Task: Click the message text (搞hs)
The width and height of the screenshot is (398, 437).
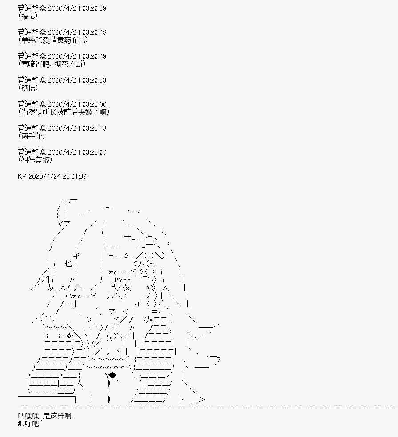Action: (x=28, y=16)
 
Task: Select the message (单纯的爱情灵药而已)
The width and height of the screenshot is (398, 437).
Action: (x=53, y=40)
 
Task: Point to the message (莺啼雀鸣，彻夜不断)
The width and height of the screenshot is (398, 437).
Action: (x=52, y=64)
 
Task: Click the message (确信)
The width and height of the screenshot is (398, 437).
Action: (x=28, y=88)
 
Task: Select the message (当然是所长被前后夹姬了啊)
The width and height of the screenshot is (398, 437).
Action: (x=63, y=112)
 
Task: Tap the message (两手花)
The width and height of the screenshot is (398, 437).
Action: (x=32, y=136)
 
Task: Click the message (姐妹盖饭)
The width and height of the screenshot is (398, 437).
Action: (x=35, y=160)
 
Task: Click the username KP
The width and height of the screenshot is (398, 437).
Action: (x=22, y=176)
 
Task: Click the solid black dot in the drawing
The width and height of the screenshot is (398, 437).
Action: (x=113, y=375)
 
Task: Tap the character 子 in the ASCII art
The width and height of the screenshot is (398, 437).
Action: (x=77, y=255)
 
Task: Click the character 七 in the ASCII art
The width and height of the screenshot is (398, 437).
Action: (x=68, y=264)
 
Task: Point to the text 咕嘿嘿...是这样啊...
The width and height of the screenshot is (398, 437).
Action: (x=46, y=416)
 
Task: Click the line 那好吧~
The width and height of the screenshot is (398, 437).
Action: (x=30, y=424)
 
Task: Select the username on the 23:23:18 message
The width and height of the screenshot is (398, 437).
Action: (x=32, y=128)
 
